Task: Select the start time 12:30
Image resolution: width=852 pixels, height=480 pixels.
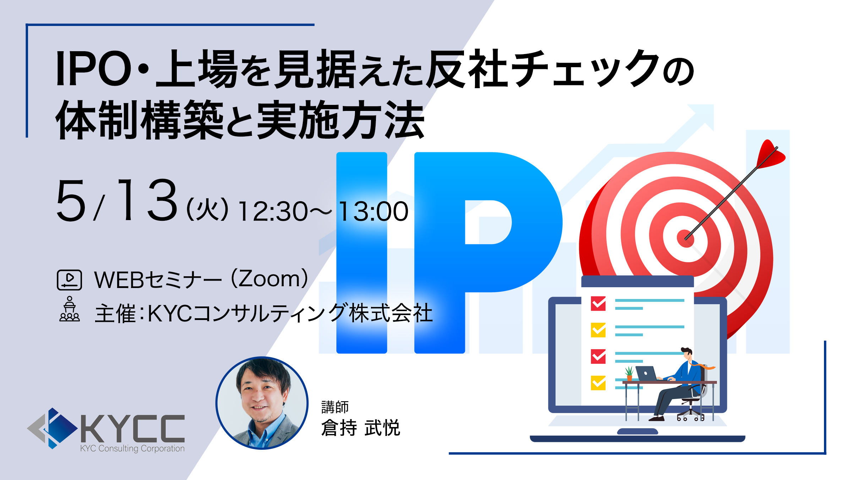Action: (x=273, y=212)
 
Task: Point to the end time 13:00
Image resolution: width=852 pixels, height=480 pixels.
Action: (x=373, y=212)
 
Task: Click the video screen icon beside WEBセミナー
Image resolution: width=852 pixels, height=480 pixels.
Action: (x=70, y=280)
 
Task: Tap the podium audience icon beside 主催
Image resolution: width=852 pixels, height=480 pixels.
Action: (x=70, y=309)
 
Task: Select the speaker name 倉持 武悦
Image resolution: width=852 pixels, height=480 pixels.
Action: (x=361, y=427)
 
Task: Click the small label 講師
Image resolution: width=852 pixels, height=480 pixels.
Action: (x=335, y=407)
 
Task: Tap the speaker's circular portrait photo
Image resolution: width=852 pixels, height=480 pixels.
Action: (x=262, y=403)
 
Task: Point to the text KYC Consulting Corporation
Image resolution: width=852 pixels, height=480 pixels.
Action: (x=132, y=448)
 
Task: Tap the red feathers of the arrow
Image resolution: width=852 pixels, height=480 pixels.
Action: (x=770, y=154)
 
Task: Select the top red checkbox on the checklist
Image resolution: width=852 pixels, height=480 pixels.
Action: (x=598, y=303)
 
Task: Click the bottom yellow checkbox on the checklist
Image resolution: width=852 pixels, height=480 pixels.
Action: (x=598, y=383)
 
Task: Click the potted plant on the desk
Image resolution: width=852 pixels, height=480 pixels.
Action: (x=629, y=373)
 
